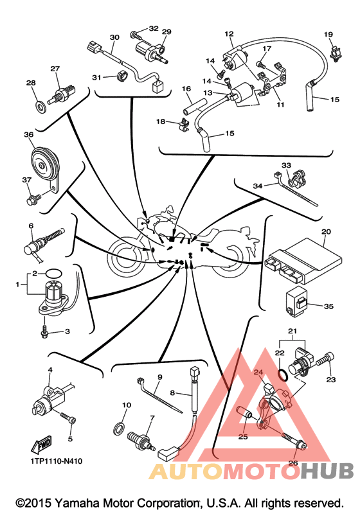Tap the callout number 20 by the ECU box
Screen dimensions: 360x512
(x=326, y=231)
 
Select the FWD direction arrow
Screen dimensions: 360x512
(x=42, y=444)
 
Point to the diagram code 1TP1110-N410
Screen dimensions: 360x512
(x=57, y=461)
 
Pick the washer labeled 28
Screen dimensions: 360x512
(x=40, y=105)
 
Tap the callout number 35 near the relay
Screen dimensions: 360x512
(x=328, y=306)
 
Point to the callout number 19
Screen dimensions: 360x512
(x=328, y=34)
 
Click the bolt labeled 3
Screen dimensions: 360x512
(x=45, y=331)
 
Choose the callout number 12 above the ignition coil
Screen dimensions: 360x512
(x=230, y=33)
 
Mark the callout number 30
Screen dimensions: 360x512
(x=114, y=37)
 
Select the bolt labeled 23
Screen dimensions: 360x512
(x=326, y=359)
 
